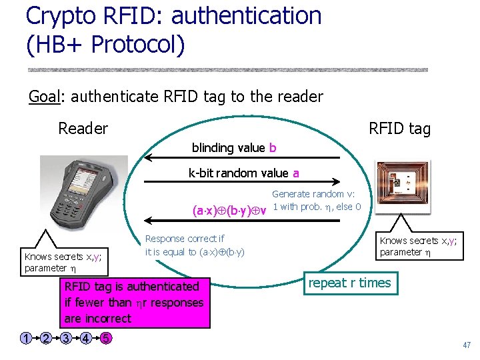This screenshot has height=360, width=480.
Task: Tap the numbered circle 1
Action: click(x=25, y=338)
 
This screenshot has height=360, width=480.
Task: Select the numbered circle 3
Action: click(x=66, y=338)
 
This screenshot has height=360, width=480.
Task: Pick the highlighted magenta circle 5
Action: click(x=106, y=338)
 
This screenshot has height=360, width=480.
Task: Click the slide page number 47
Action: click(x=466, y=345)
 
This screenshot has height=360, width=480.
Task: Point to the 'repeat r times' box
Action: click(x=349, y=283)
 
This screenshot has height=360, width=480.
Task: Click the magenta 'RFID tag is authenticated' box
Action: click(x=133, y=303)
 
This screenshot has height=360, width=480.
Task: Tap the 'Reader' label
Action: click(x=83, y=128)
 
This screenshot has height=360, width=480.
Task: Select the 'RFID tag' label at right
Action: click(x=399, y=129)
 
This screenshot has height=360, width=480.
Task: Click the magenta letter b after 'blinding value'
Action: click(x=273, y=147)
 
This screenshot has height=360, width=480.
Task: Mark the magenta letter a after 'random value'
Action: click(x=295, y=173)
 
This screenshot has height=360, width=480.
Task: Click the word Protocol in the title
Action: click(x=137, y=45)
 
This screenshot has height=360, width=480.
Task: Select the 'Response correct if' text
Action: click(x=185, y=239)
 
